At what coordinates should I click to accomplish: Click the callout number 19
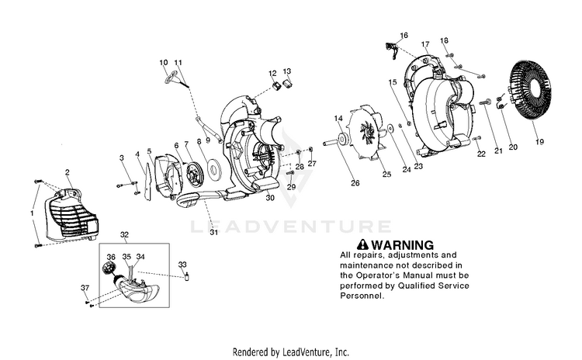(x=539, y=141)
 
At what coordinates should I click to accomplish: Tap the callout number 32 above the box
(x=124, y=234)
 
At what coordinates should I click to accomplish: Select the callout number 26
(x=355, y=183)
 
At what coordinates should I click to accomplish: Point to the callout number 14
(x=338, y=119)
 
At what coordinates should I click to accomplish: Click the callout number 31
(x=214, y=232)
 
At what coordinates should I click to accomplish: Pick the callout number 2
(x=68, y=172)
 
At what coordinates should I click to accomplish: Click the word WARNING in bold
(x=402, y=245)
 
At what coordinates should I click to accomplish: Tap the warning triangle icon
(x=362, y=244)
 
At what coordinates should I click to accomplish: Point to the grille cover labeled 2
(x=70, y=214)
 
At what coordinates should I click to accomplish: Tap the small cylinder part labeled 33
(x=188, y=277)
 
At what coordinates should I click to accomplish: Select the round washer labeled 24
(x=391, y=128)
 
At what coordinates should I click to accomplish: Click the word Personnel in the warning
(x=361, y=296)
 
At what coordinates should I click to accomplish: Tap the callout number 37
(x=85, y=288)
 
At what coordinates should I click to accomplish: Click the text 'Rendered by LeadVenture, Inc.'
(x=291, y=351)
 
